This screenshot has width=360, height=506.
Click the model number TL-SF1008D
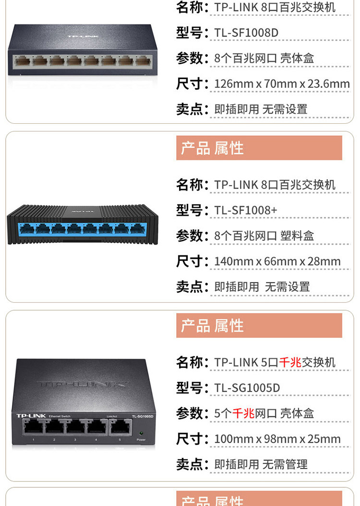pyautogui.click(x=246, y=33)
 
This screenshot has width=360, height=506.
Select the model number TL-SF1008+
pyautogui.click(x=246, y=211)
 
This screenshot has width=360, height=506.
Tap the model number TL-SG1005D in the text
pyautogui.click(x=247, y=388)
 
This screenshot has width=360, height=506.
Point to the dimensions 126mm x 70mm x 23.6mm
pyautogui.click(x=282, y=84)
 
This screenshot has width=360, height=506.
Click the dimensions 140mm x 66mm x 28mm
pyautogui.click(x=277, y=261)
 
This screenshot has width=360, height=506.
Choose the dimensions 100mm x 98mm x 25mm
pyautogui.click(x=277, y=439)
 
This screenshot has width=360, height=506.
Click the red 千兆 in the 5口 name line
pyautogui.click(x=290, y=363)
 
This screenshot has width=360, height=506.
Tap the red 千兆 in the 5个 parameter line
pyautogui.click(x=243, y=413)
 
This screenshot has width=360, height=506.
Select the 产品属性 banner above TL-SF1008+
pyautogui.click(x=259, y=148)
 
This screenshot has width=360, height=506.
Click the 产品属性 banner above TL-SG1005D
pyautogui.click(x=259, y=325)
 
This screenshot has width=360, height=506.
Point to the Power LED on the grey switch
pyautogui.click(x=141, y=433)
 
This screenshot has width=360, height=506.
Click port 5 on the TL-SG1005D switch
pyautogui.click(x=120, y=426)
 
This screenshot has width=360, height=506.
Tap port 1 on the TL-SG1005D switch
pyautogui.click(x=33, y=426)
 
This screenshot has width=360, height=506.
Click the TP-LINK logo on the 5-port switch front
pyautogui.click(x=31, y=416)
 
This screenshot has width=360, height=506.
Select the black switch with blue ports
pyautogui.click(x=83, y=224)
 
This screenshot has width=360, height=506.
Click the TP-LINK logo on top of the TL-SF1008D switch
pyautogui.click(x=83, y=36)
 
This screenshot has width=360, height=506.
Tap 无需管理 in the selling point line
pyautogui.click(x=285, y=464)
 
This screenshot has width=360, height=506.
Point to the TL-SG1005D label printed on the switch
pyautogui.click(x=142, y=416)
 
